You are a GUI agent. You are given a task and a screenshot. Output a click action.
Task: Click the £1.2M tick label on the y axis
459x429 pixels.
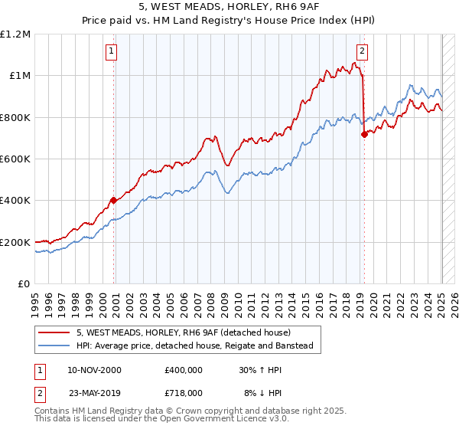click(x=15, y=34)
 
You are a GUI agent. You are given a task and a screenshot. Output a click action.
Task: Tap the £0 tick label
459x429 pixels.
click(x=23, y=284)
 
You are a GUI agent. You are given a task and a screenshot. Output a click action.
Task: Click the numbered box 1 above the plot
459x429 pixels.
click(x=112, y=51)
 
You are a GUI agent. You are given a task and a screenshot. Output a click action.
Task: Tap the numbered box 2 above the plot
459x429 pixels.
click(x=361, y=51)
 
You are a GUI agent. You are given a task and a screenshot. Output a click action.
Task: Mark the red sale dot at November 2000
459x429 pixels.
click(x=114, y=201)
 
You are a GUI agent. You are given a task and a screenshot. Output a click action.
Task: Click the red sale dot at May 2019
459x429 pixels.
click(x=363, y=135)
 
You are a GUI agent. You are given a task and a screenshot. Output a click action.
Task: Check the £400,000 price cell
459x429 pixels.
click(x=183, y=370)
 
